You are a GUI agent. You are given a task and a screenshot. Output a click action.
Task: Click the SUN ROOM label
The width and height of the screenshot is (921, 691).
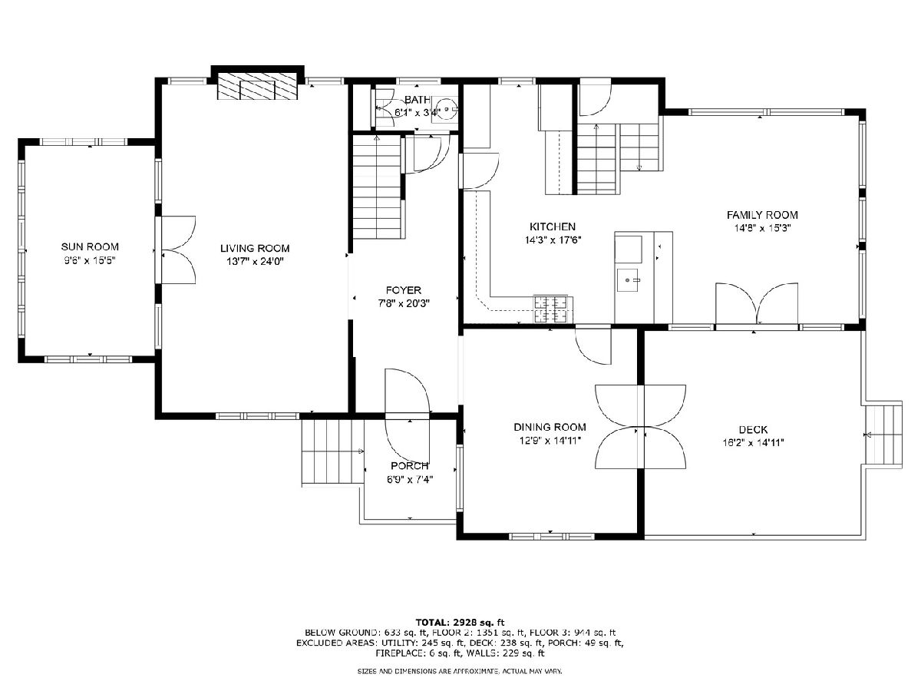(90, 246)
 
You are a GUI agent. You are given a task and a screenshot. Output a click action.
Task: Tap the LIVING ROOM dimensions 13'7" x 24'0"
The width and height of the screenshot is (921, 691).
(255, 261)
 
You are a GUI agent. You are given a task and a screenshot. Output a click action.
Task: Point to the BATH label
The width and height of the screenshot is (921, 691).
(417, 100)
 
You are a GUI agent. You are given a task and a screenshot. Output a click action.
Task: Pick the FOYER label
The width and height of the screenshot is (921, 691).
(403, 290)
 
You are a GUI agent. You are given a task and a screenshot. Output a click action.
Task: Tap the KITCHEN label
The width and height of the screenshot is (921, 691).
(552, 227)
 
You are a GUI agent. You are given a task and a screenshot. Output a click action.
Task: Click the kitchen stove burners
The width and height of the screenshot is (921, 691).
(553, 309)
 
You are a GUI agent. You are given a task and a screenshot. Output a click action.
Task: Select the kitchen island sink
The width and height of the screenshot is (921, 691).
(627, 280)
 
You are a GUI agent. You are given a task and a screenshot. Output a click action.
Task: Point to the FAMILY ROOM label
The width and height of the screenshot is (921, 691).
(762, 215)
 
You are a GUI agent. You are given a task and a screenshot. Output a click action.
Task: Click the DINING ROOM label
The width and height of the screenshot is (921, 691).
(550, 427)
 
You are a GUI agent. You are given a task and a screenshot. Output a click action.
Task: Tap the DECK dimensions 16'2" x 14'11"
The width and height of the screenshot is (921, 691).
(753, 443)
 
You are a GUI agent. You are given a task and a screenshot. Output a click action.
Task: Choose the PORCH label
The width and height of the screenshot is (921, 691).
(410, 466)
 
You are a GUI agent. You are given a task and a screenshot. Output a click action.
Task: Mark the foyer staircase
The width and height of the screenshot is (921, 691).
(377, 187)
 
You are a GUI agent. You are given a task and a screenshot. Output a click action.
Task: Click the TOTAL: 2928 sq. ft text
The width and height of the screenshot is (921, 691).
(460, 622)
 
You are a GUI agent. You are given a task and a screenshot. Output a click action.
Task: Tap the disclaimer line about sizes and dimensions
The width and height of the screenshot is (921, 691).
(460, 672)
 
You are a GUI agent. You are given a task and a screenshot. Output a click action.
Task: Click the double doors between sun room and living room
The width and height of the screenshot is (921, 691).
(177, 250)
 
